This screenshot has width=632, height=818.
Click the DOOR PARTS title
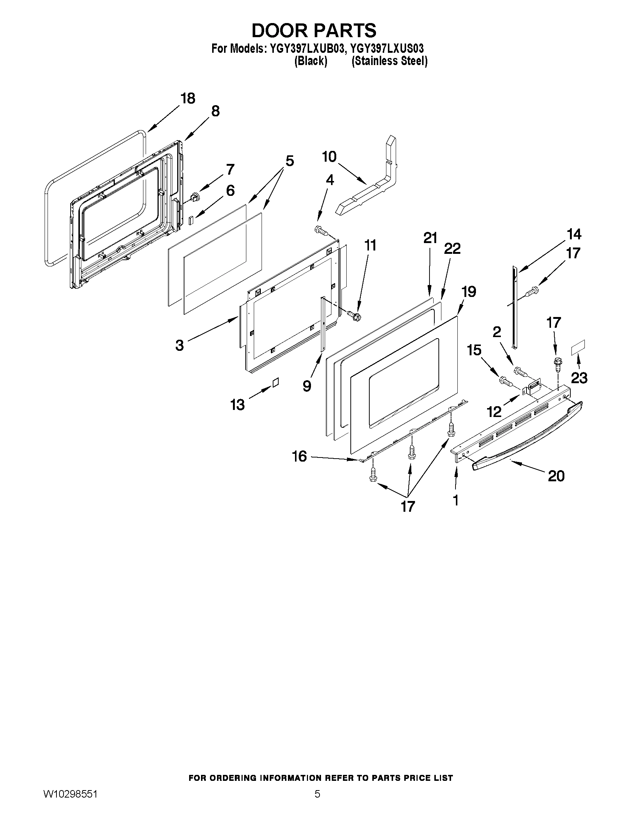point(314,30)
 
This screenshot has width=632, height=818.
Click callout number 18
point(188,98)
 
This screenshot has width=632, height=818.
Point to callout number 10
point(329,156)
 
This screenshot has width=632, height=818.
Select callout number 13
point(237,404)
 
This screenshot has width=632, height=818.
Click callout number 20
point(555,476)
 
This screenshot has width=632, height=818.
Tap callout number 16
point(299,456)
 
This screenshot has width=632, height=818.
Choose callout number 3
point(180,345)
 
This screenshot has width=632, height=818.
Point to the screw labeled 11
point(354,316)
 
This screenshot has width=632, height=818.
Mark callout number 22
point(452,248)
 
